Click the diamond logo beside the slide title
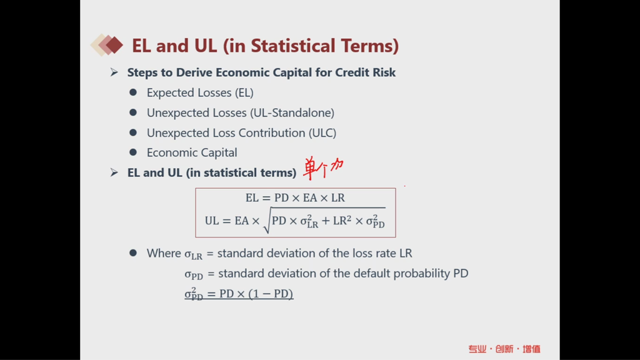coord(107,45)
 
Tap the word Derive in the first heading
coord(194,72)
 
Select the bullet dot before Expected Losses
coord(133,92)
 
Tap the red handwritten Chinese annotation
coord(323,167)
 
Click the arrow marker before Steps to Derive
coord(114,72)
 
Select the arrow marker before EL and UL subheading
coord(114,172)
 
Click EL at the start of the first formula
coord(252,198)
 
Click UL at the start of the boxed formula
coord(212,221)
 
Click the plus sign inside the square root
coord(326,221)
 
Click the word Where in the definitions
coord(164,253)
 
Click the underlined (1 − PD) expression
coord(271,294)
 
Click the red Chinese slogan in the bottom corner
coord(504,349)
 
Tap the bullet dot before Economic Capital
coord(133,152)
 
